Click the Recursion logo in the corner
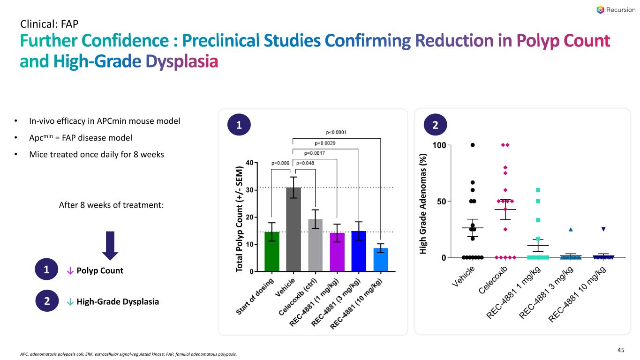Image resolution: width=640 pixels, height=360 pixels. [615, 10]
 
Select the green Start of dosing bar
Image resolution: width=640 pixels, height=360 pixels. [272, 251]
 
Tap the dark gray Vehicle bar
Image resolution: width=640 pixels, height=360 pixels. [294, 229]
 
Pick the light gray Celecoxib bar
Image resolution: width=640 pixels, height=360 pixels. [315, 245]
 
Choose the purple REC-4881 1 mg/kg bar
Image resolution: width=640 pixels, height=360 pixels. [337, 252]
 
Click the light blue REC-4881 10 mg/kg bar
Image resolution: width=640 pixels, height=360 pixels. [381, 259]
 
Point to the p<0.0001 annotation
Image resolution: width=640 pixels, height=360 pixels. [336, 132]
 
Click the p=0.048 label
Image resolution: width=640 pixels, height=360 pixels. [305, 163]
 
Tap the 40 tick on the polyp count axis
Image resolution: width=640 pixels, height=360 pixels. [249, 163]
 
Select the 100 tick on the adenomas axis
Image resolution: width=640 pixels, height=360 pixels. [439, 145]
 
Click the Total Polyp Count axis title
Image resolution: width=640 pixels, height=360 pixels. [239, 219]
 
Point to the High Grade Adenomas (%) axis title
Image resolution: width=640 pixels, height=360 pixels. [422, 204]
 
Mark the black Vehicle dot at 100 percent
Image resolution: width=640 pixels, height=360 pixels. [473, 145]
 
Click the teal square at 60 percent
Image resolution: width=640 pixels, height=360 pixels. [538, 190]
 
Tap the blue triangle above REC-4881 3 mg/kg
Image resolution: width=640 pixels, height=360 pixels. [571, 229]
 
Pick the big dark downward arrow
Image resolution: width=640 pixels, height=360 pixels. [110, 246]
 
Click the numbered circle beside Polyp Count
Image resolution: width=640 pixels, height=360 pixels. [46, 270]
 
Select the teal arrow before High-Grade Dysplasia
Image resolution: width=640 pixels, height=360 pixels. [70, 302]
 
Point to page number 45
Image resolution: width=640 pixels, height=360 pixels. [621, 350]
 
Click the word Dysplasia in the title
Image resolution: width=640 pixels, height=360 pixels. [182, 62]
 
